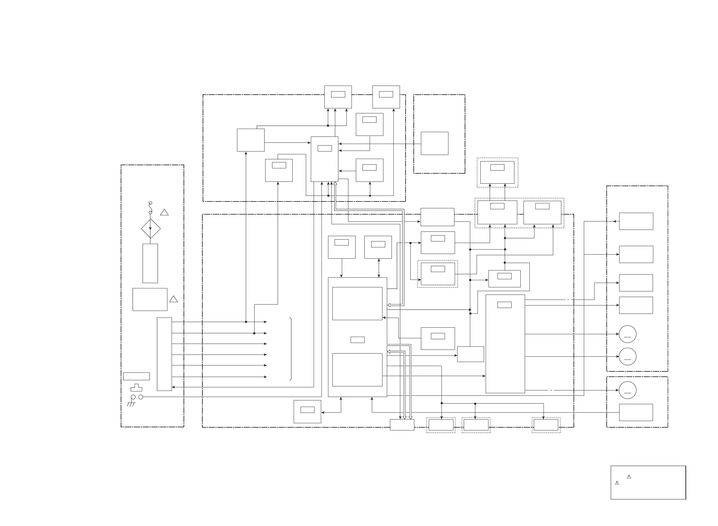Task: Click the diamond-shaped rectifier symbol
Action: (x=151, y=228)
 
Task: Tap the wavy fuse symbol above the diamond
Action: (x=150, y=208)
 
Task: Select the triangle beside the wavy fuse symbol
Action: (x=164, y=212)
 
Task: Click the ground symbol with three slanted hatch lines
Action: (x=131, y=404)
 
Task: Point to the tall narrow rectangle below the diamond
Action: (x=150, y=263)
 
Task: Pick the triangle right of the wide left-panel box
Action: (x=173, y=299)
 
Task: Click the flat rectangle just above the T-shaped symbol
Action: (x=136, y=376)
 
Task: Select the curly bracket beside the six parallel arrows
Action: (x=291, y=349)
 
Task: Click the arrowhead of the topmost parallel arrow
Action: (x=265, y=322)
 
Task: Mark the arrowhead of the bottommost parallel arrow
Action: (x=265, y=377)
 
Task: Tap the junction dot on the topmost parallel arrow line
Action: (x=246, y=322)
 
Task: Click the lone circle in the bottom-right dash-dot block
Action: (x=628, y=390)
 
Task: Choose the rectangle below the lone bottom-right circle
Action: (x=636, y=412)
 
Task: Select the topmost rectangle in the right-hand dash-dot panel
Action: (x=636, y=221)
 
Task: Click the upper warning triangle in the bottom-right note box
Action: (x=629, y=477)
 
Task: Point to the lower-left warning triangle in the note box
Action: (x=617, y=483)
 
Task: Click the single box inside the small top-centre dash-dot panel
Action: (x=434, y=143)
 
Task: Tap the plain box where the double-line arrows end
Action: (x=402, y=425)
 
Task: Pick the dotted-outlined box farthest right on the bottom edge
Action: (x=546, y=425)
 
